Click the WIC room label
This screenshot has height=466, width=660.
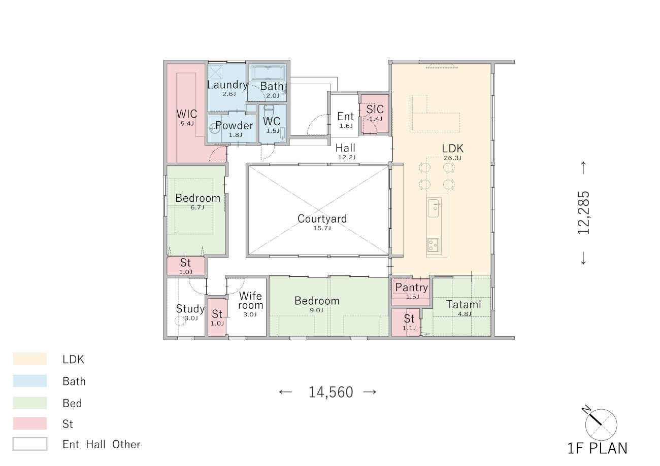pyautogui.click(x=186, y=114)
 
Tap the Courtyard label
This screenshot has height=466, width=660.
pyautogui.click(x=322, y=219)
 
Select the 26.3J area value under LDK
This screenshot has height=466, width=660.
pyautogui.click(x=452, y=158)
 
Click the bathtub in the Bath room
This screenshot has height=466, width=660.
pyautogui.click(x=268, y=73)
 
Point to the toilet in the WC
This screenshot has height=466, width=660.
pyautogui.click(x=269, y=111)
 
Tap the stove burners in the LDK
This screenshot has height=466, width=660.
pyautogui.click(x=433, y=245)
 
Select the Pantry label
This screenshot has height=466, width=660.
pyautogui.click(x=411, y=288)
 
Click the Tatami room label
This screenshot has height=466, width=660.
pyautogui.click(x=464, y=304)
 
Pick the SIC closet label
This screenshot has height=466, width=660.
pyautogui.click(x=375, y=110)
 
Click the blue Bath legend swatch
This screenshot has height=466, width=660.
pyautogui.click(x=30, y=381)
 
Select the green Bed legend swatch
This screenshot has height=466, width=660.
pyautogui.click(x=30, y=403)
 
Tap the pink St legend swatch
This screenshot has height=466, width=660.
pyautogui.click(x=30, y=423)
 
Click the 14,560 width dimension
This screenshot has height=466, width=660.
pyautogui.click(x=331, y=392)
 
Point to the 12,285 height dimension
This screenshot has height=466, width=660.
pyautogui.click(x=583, y=212)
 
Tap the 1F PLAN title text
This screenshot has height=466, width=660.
pyautogui.click(x=597, y=449)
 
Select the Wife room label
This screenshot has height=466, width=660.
pyautogui.click(x=250, y=300)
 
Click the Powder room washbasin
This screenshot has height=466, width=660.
pyautogui.click(x=214, y=129)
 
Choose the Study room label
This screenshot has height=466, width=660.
pyautogui.click(x=190, y=309)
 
